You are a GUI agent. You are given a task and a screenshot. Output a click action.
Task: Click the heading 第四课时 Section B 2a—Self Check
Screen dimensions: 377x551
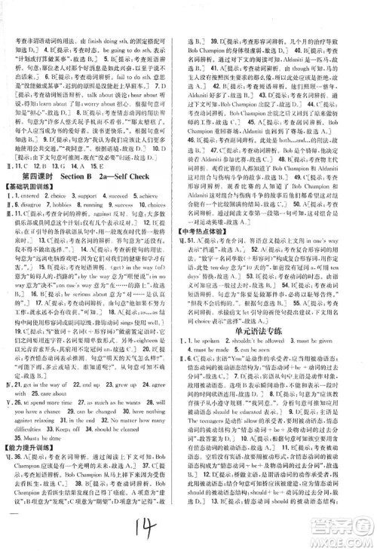pos(95,191)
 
